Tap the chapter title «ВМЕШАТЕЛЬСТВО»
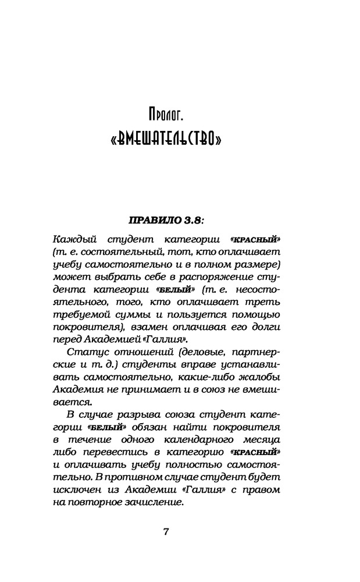166,141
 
